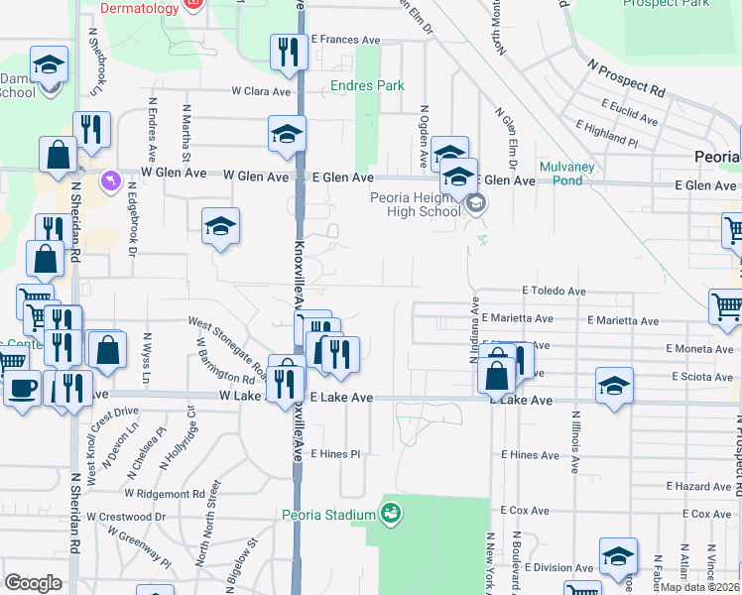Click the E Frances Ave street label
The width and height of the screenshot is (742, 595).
(x=346, y=41)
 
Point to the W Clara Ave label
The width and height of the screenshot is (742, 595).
(x=261, y=91)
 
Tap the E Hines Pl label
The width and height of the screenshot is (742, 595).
(x=334, y=454)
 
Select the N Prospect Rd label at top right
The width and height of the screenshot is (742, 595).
(x=625, y=76)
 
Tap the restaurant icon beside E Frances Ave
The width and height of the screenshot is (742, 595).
(x=289, y=52)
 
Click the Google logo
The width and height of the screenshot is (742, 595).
(x=33, y=583)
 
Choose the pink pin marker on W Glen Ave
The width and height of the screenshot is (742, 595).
(x=111, y=181)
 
